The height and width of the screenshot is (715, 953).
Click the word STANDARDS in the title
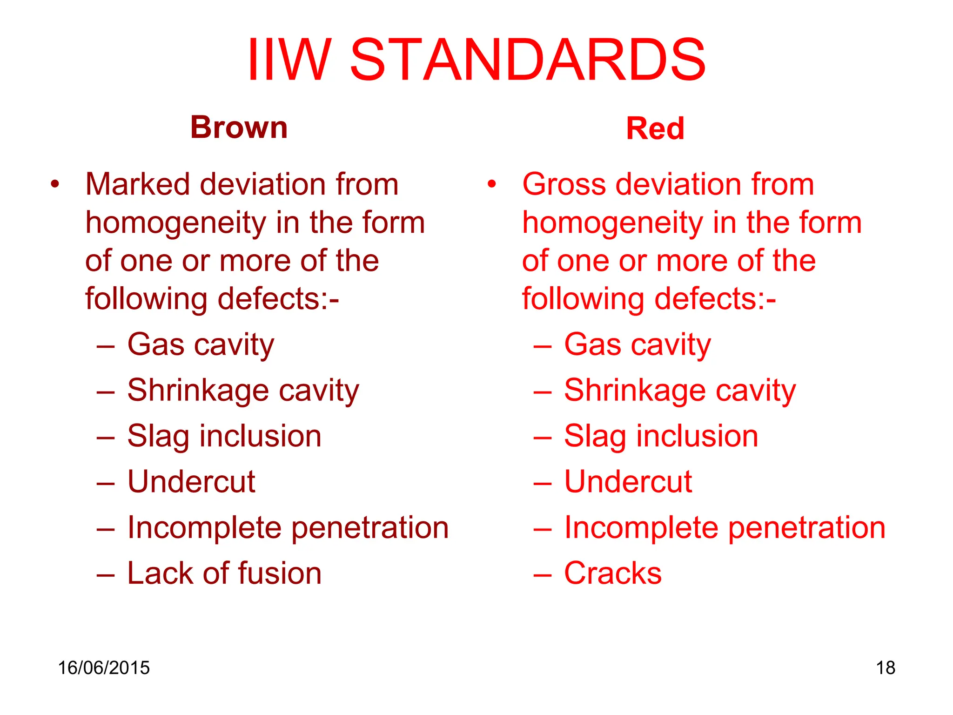[x=528, y=61]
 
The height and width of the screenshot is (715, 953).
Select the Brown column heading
[x=239, y=127]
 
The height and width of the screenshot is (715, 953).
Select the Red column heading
[x=655, y=128]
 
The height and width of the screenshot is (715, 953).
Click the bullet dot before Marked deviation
[x=55, y=184]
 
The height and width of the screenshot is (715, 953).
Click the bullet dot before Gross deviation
[x=491, y=184]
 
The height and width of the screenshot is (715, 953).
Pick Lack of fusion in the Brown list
[x=224, y=573]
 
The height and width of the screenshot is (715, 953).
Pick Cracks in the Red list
[x=612, y=573]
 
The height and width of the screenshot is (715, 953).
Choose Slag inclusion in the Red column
[x=661, y=436]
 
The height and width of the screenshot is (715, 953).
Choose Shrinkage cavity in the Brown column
[x=243, y=391]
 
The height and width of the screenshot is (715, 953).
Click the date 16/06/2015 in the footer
[x=103, y=668]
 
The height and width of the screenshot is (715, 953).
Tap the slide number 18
[x=885, y=668]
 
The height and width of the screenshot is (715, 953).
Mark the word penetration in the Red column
[x=806, y=528]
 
